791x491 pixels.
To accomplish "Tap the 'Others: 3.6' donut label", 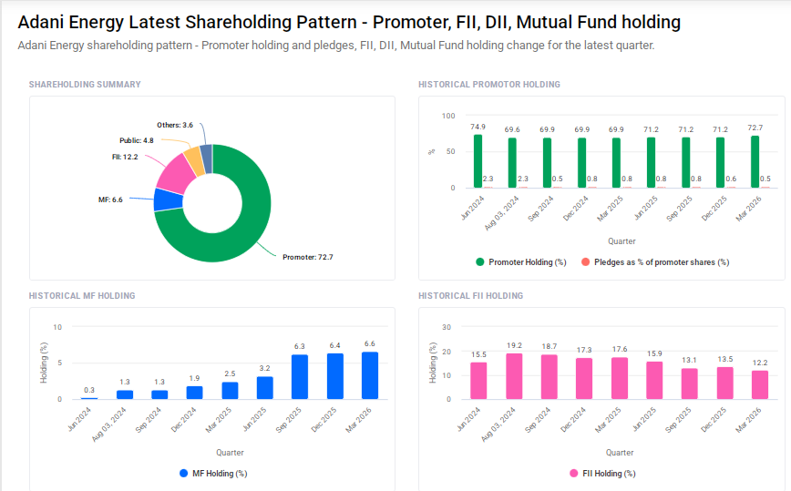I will [175, 125].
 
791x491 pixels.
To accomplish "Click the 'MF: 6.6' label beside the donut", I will [110, 199].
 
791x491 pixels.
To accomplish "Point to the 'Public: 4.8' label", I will [136, 140].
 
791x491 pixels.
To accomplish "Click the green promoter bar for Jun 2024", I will [478, 161].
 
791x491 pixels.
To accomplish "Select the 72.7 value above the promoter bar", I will [755, 128].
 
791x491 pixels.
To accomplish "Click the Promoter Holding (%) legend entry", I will [514, 262].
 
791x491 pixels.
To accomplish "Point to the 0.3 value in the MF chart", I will [89, 390].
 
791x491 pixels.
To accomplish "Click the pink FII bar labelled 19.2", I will [513, 376].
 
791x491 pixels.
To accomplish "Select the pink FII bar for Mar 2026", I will [760, 384].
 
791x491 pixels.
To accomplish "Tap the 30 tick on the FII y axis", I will [447, 327].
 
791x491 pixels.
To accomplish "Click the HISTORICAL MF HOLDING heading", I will [82, 296].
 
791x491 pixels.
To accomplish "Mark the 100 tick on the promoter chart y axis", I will [447, 116].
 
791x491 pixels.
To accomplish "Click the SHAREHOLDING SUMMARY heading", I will [85, 85].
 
